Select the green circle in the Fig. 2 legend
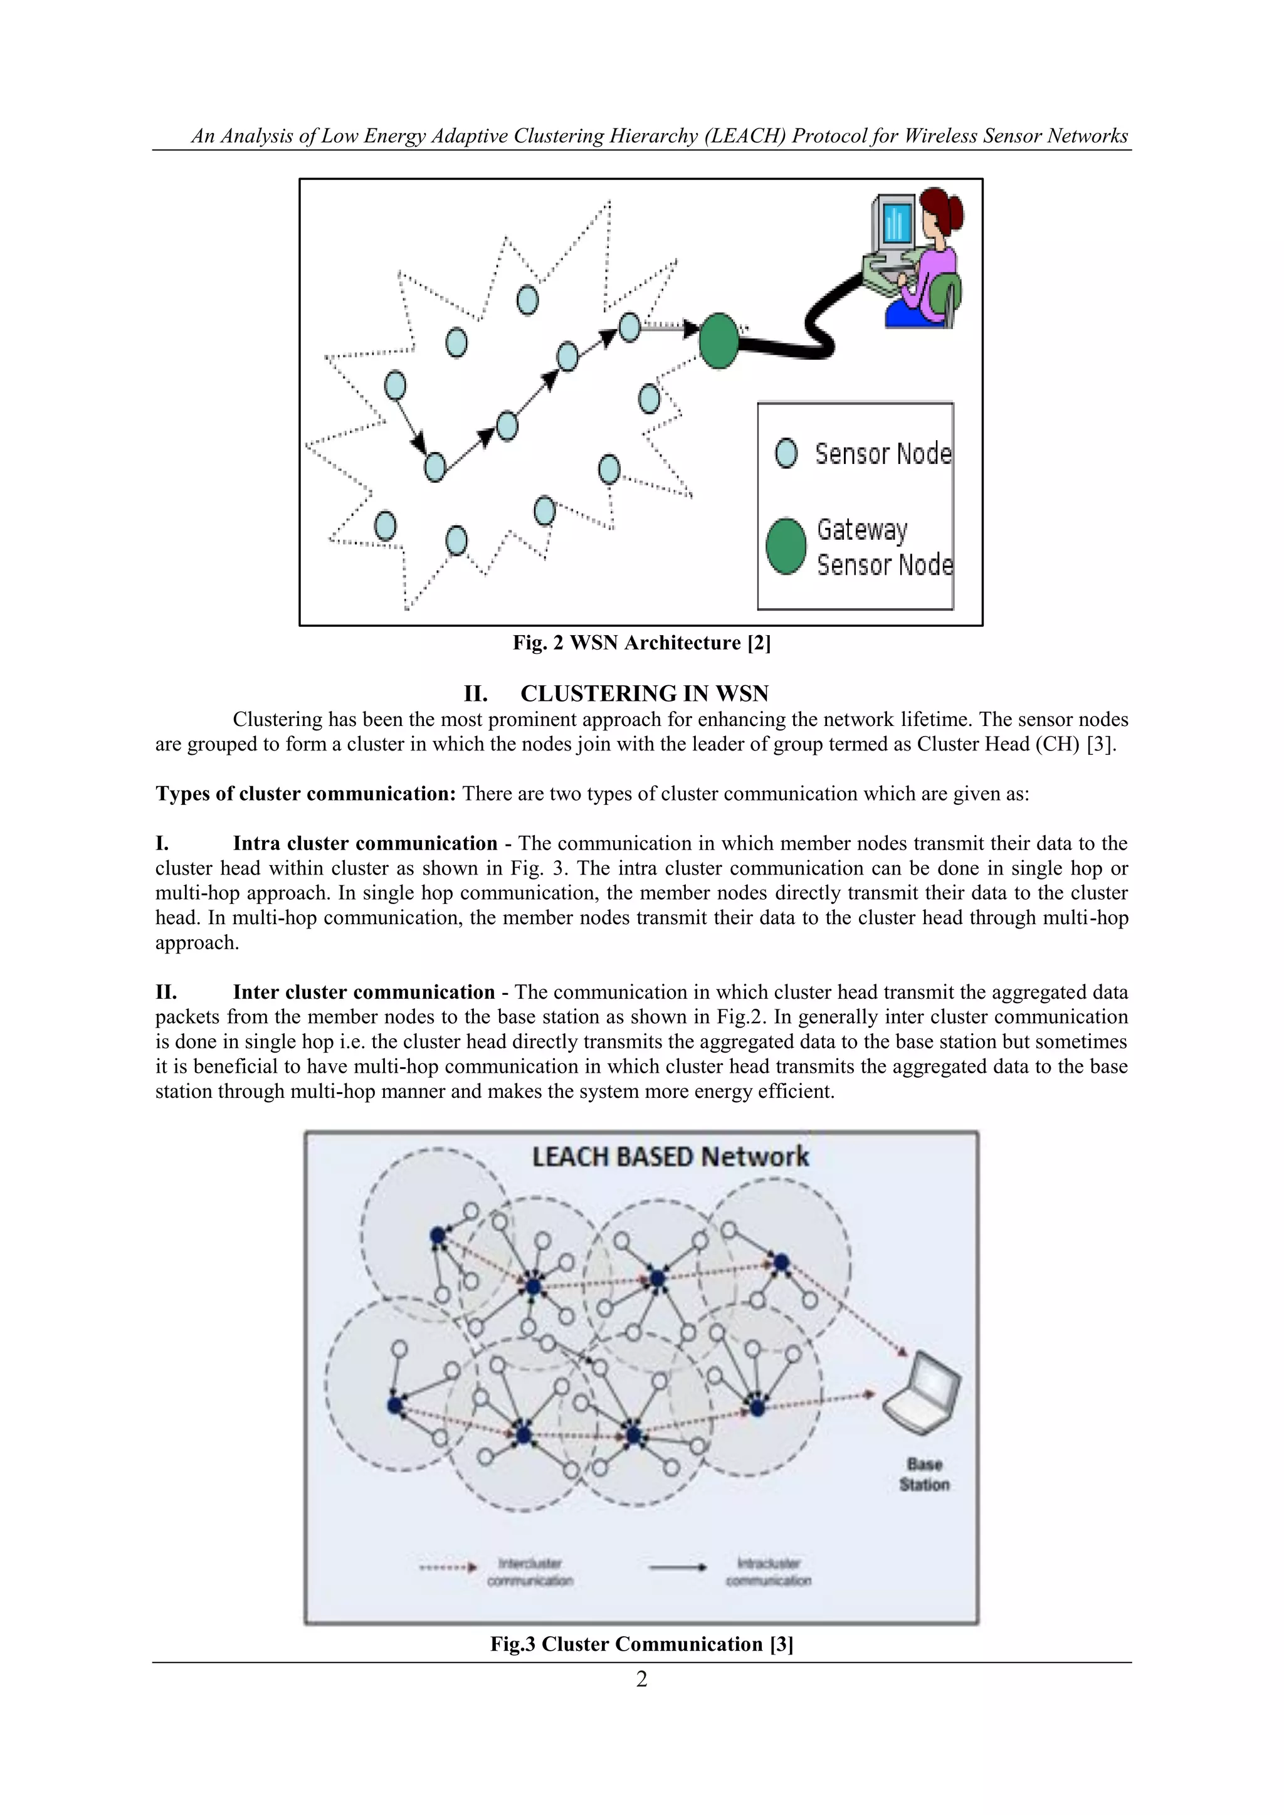coord(786,546)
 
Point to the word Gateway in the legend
coord(862,530)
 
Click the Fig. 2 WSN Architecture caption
coord(641,643)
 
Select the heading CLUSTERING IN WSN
coord(644,693)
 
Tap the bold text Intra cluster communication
coord(364,843)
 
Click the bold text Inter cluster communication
coord(364,992)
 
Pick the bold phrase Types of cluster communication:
coord(305,794)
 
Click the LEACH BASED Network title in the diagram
coord(670,1157)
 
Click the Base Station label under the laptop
coord(924,1475)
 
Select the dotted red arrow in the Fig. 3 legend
coord(448,1567)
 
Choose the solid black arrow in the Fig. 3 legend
coord(678,1567)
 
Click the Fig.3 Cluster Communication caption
coord(641,1644)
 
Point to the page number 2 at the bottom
coord(642,1679)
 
